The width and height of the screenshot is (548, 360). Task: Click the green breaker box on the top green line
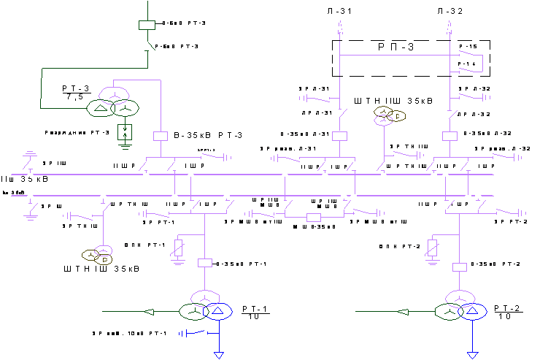(147, 25)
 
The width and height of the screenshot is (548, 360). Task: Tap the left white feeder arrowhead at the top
(339, 27)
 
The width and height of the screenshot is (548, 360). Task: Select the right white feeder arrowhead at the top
(449, 27)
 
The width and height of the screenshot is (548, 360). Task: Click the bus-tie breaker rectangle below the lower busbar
(314, 217)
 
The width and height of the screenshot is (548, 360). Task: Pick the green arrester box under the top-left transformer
(126, 132)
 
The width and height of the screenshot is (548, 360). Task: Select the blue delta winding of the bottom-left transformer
(218, 312)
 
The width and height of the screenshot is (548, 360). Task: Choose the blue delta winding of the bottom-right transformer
(474, 312)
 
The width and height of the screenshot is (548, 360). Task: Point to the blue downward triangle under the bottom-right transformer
(473, 355)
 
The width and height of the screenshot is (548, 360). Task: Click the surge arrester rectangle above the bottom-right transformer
(433, 246)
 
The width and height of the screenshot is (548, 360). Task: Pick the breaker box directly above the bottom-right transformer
(460, 267)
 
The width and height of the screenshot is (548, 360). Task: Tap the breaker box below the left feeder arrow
(339, 136)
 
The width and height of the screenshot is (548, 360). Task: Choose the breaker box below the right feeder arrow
(450, 136)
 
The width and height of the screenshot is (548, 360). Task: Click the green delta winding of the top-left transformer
(100, 109)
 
